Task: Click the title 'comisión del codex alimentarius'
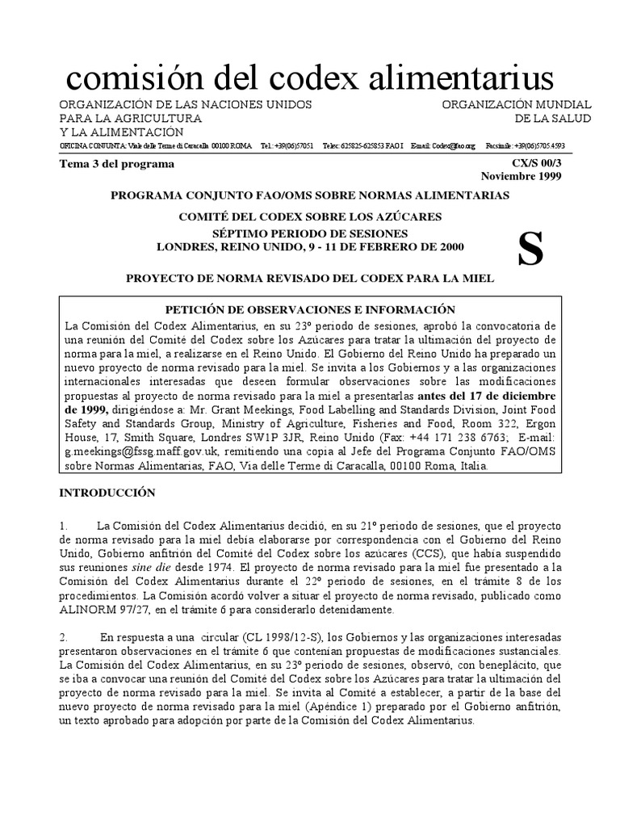click(310, 78)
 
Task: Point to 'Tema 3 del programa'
click(117, 164)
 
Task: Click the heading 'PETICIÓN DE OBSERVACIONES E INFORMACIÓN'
click(310, 309)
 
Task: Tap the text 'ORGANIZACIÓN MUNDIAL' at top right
click(517, 106)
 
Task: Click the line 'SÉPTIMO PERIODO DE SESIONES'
click(310, 233)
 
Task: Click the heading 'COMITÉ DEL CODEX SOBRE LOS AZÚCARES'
click(310, 217)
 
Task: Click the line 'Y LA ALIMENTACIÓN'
click(121, 132)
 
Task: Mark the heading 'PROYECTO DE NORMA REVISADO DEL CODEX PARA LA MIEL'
click(310, 278)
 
